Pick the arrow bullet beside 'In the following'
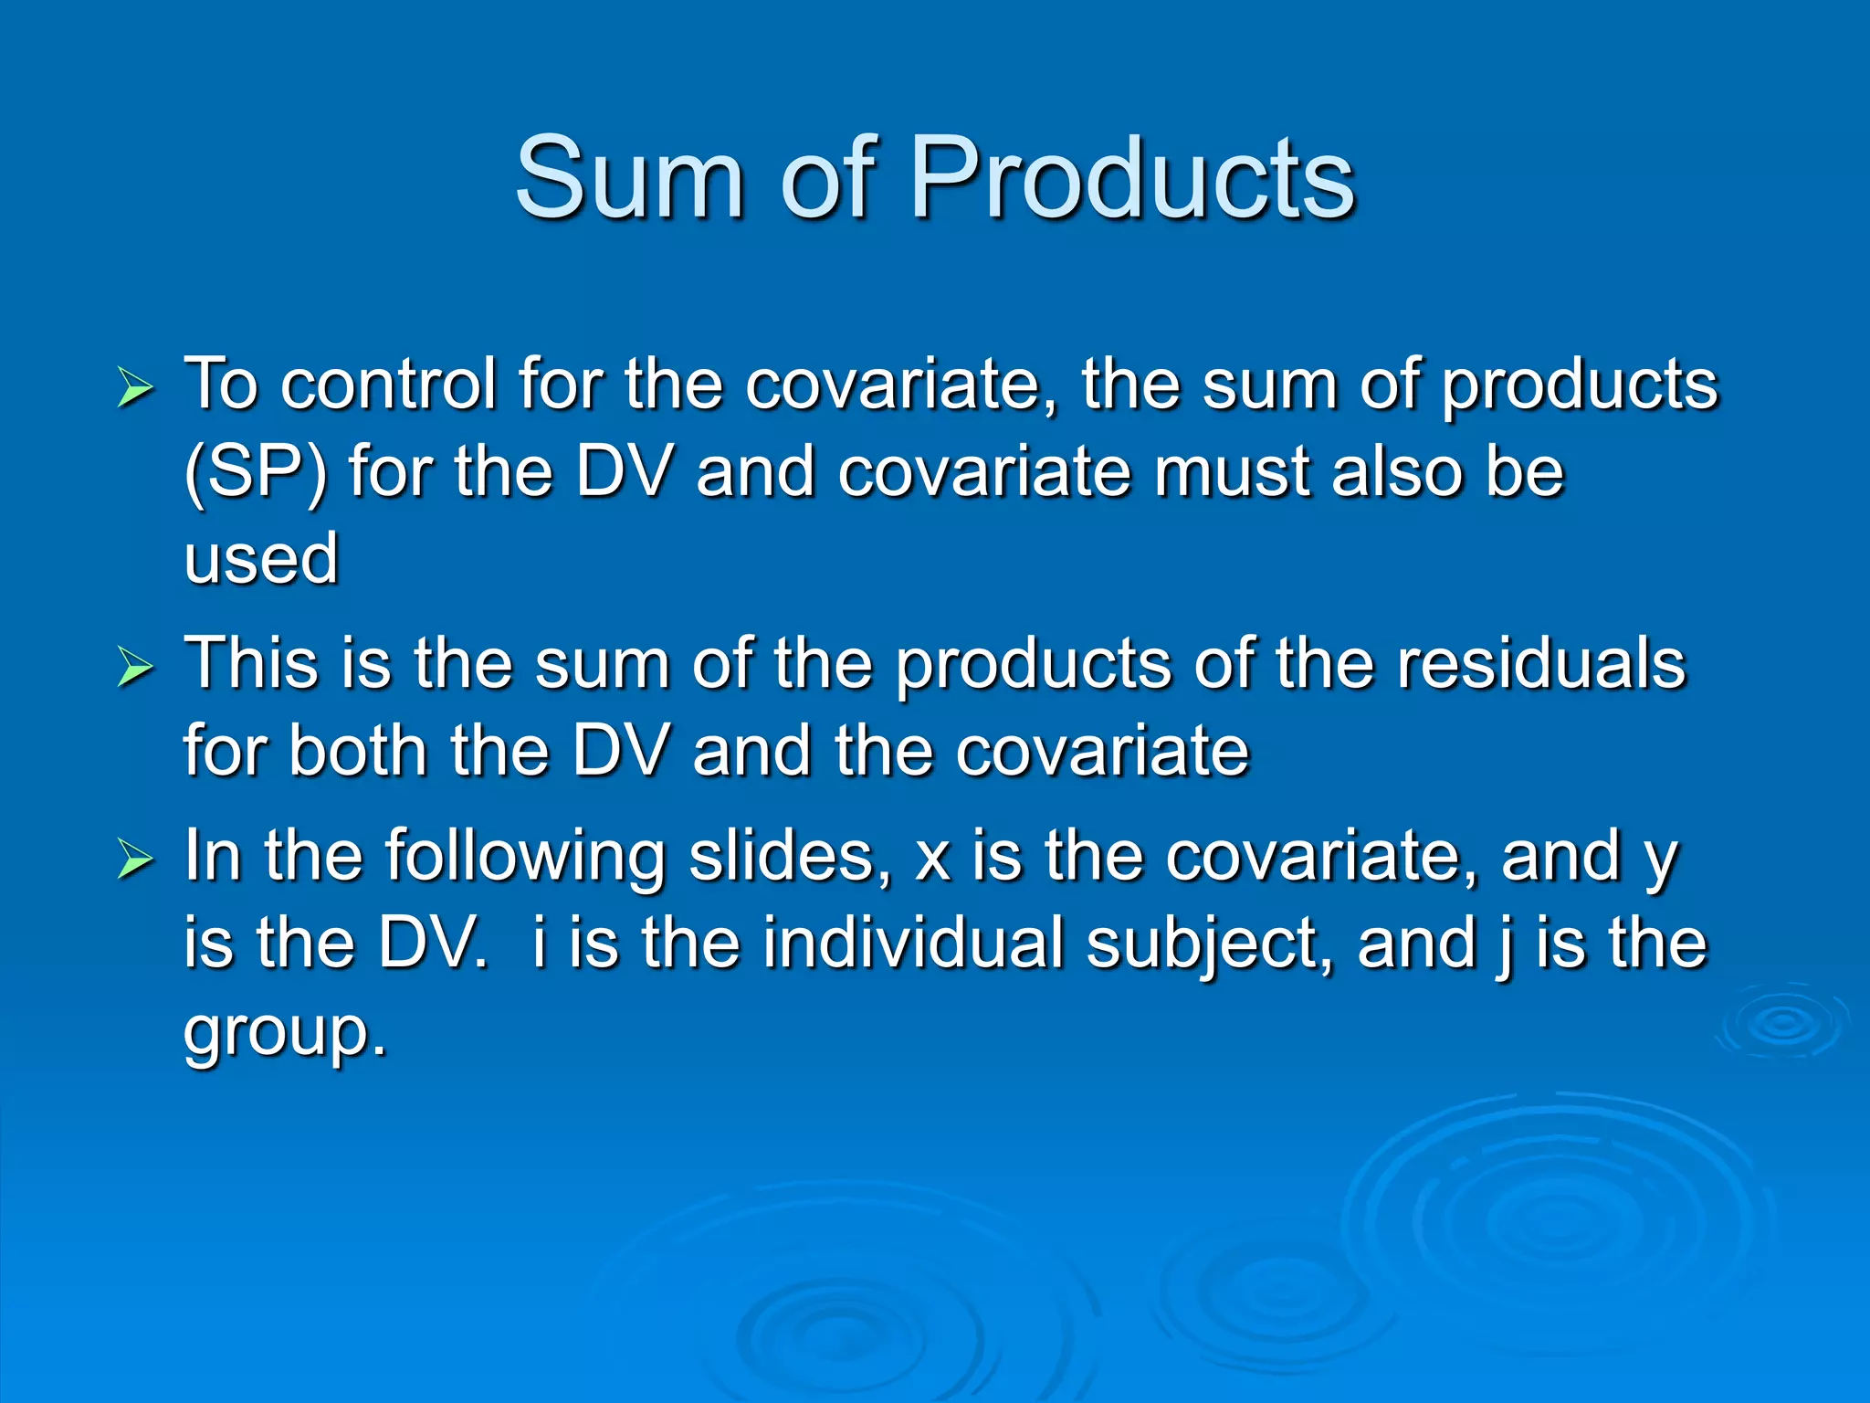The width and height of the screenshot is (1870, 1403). (135, 860)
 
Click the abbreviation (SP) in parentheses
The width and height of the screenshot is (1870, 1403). (255, 473)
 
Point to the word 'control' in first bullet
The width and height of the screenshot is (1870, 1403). (388, 385)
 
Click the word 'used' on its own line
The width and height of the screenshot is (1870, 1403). (261, 559)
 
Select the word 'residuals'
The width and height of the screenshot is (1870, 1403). (1541, 664)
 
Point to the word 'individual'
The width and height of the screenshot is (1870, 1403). (913, 943)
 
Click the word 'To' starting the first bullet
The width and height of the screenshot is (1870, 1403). (221, 385)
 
